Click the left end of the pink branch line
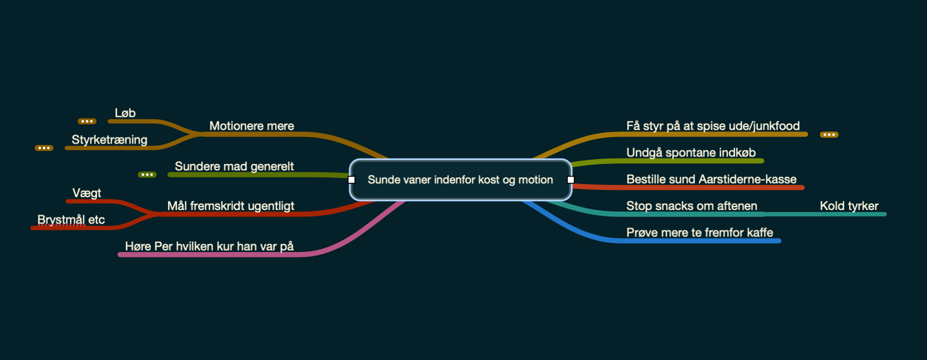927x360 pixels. tap(119, 254)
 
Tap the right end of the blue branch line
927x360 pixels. tap(779, 241)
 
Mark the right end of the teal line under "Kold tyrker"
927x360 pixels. tap(884, 214)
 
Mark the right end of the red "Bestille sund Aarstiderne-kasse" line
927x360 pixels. tap(802, 187)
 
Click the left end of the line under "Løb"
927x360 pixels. tap(110, 121)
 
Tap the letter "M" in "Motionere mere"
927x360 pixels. tap(214, 126)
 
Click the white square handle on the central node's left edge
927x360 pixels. tap(351, 179)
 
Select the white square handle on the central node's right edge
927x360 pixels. tap(570, 179)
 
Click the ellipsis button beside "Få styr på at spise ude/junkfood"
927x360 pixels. tap(829, 134)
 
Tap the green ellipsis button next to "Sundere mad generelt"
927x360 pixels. tap(147, 174)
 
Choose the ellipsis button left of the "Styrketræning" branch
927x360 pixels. tap(44, 148)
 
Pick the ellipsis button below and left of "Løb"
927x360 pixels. tap(87, 121)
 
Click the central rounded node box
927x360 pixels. tap(460, 179)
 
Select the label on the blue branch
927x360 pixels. tap(699, 232)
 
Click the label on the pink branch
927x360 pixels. tap(209, 246)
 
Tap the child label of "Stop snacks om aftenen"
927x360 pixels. tap(849, 206)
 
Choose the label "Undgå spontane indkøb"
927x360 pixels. tap(691, 152)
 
